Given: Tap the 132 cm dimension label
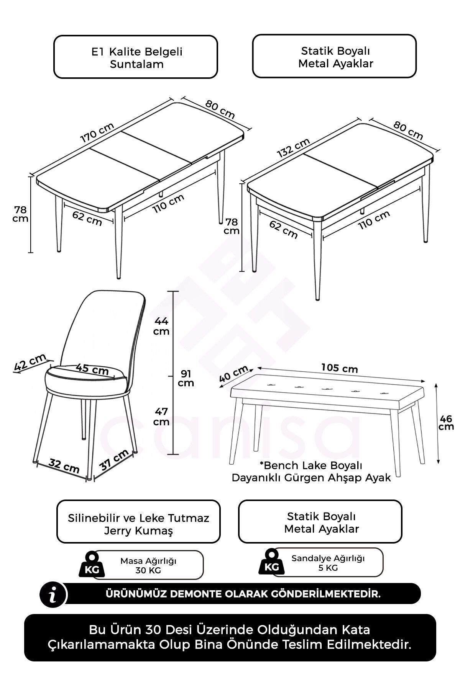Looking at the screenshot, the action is [293, 147].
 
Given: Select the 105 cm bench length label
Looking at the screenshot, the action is [339, 368].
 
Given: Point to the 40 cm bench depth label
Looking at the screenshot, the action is [234, 374].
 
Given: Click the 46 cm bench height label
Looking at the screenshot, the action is [446, 422].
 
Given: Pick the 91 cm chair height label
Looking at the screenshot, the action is [186, 378].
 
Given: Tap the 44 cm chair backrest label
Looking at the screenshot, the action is [161, 326].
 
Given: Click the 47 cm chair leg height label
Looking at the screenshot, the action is [161, 417].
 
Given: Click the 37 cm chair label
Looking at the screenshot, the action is [114, 460].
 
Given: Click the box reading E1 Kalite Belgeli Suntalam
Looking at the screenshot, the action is [136, 57].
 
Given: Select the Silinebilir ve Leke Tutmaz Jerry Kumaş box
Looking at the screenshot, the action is [138, 521].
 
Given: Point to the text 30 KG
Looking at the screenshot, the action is [148, 570].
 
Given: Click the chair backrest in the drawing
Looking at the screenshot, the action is [103, 329].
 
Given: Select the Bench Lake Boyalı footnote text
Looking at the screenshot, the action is [311, 472].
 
